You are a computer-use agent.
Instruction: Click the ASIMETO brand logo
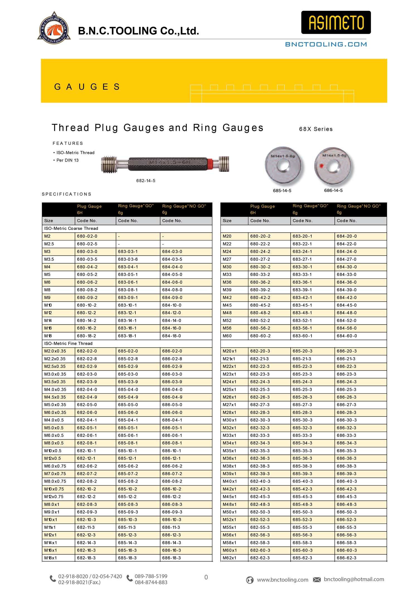(x=336, y=22)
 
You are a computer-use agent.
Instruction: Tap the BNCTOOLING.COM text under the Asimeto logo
(x=326, y=44)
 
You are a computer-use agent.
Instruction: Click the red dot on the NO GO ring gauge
(x=321, y=166)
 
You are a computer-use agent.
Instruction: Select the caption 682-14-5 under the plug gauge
(x=146, y=181)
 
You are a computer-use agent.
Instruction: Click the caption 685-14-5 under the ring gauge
(x=282, y=191)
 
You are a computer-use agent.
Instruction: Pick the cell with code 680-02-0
(x=87, y=236)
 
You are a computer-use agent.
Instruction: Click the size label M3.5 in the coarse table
(x=49, y=259)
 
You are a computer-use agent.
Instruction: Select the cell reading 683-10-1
(x=127, y=305)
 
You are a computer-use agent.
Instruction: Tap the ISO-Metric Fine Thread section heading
(x=68, y=343)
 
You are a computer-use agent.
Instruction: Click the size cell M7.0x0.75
(x=55, y=474)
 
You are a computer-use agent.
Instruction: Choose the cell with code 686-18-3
(x=171, y=558)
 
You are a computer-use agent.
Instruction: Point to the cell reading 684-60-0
(x=347, y=336)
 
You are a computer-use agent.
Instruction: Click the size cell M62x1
(x=229, y=558)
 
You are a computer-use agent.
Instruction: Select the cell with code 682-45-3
(x=260, y=497)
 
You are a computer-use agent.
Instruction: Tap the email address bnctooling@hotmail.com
(x=354, y=579)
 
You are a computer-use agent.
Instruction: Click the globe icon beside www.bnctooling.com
(x=250, y=580)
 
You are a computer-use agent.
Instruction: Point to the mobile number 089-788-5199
(x=151, y=576)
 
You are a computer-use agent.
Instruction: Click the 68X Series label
(x=316, y=129)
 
